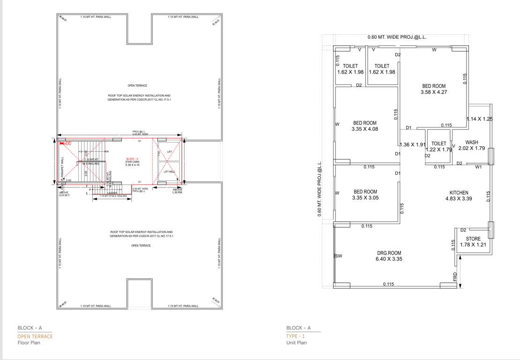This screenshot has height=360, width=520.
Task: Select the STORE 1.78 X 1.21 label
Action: [470, 241]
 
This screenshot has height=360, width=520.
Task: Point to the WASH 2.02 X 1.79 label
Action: [474, 145]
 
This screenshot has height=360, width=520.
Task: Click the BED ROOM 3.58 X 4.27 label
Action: [434, 89]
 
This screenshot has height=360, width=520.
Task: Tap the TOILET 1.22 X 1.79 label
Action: [439, 147]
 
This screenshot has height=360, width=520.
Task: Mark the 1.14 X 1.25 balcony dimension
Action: [480, 119]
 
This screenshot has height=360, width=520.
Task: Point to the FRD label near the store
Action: [455, 277]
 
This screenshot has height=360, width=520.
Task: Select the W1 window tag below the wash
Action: [478, 166]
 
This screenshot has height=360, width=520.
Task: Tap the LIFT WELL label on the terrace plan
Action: [169, 172]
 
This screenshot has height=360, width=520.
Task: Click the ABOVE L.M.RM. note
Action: [177, 191]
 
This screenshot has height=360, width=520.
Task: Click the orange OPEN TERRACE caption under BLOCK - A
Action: [35, 337]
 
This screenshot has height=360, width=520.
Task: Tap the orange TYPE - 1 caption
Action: [296, 337]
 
